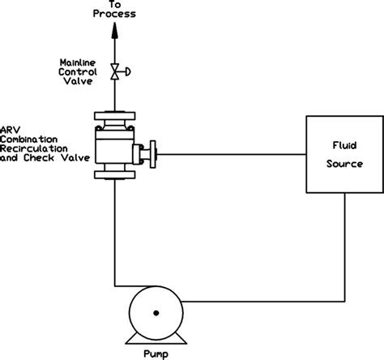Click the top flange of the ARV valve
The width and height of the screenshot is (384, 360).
coord(114,115)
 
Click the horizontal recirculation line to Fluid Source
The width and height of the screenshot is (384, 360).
coord(231,151)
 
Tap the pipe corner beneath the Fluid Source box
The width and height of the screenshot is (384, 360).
coord(346,301)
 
